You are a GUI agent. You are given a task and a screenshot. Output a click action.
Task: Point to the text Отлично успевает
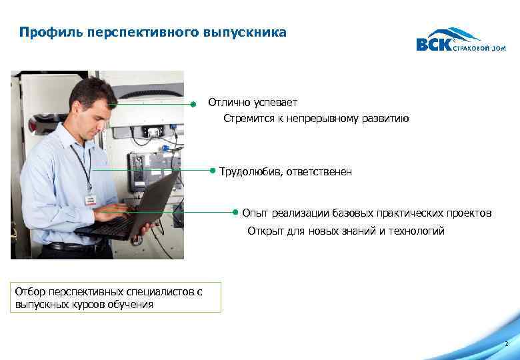253,103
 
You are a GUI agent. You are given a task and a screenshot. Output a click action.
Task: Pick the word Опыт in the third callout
255,213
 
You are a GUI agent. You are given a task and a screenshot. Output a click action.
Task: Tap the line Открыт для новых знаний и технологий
345,231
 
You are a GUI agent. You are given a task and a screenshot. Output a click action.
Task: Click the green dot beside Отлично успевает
192,104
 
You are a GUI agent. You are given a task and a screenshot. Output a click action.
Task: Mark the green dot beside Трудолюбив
212,171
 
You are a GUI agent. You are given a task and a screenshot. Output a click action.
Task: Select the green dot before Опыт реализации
235,212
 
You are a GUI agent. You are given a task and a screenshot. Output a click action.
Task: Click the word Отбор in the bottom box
29,293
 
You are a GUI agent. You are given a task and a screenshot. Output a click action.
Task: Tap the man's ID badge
89,199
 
